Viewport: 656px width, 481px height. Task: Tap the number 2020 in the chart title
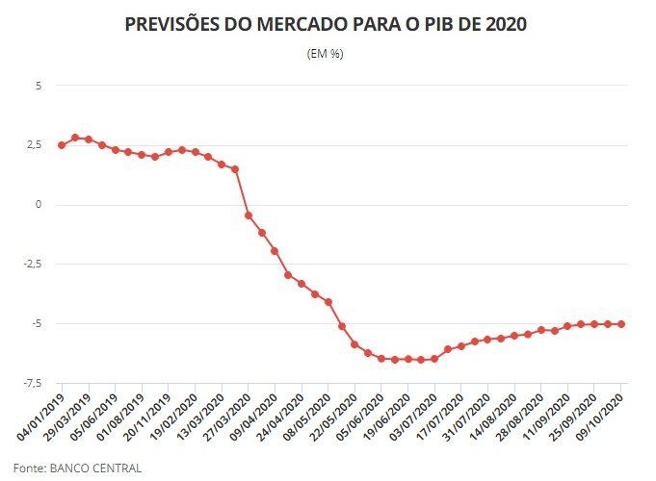pos(500,25)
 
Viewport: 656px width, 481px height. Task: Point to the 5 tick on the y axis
pos(39,86)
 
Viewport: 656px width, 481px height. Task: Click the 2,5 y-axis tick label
pos(34,145)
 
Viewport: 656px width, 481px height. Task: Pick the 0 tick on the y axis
pos(39,205)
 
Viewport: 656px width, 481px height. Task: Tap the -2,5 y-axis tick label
pos(32,265)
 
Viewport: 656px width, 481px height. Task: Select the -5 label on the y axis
pos(37,324)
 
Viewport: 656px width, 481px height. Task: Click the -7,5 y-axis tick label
pos(32,384)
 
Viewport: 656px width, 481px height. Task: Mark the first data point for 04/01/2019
pos(62,145)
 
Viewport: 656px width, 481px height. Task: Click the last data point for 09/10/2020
pos(621,324)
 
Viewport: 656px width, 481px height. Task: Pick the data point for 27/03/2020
pos(249,215)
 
